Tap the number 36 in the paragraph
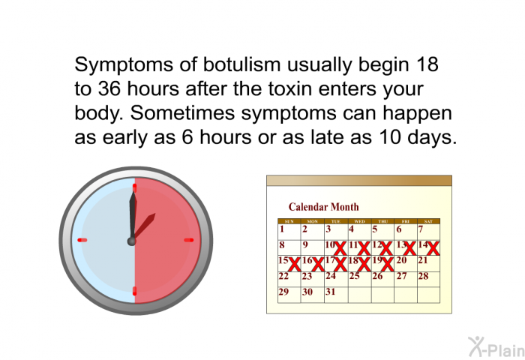point(109,88)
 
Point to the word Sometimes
point(182,112)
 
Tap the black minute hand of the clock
point(133,215)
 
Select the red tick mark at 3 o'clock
point(189,240)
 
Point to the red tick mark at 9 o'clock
point(82,240)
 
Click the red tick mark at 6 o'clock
point(134,291)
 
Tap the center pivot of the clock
point(131,241)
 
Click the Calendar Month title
point(323,207)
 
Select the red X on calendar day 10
point(340,248)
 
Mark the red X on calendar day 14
point(433,248)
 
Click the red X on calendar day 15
point(295,264)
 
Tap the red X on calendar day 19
point(388,264)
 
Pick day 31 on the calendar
point(330,292)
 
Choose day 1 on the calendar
point(282,229)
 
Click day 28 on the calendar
point(423,276)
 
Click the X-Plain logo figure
point(475,346)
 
